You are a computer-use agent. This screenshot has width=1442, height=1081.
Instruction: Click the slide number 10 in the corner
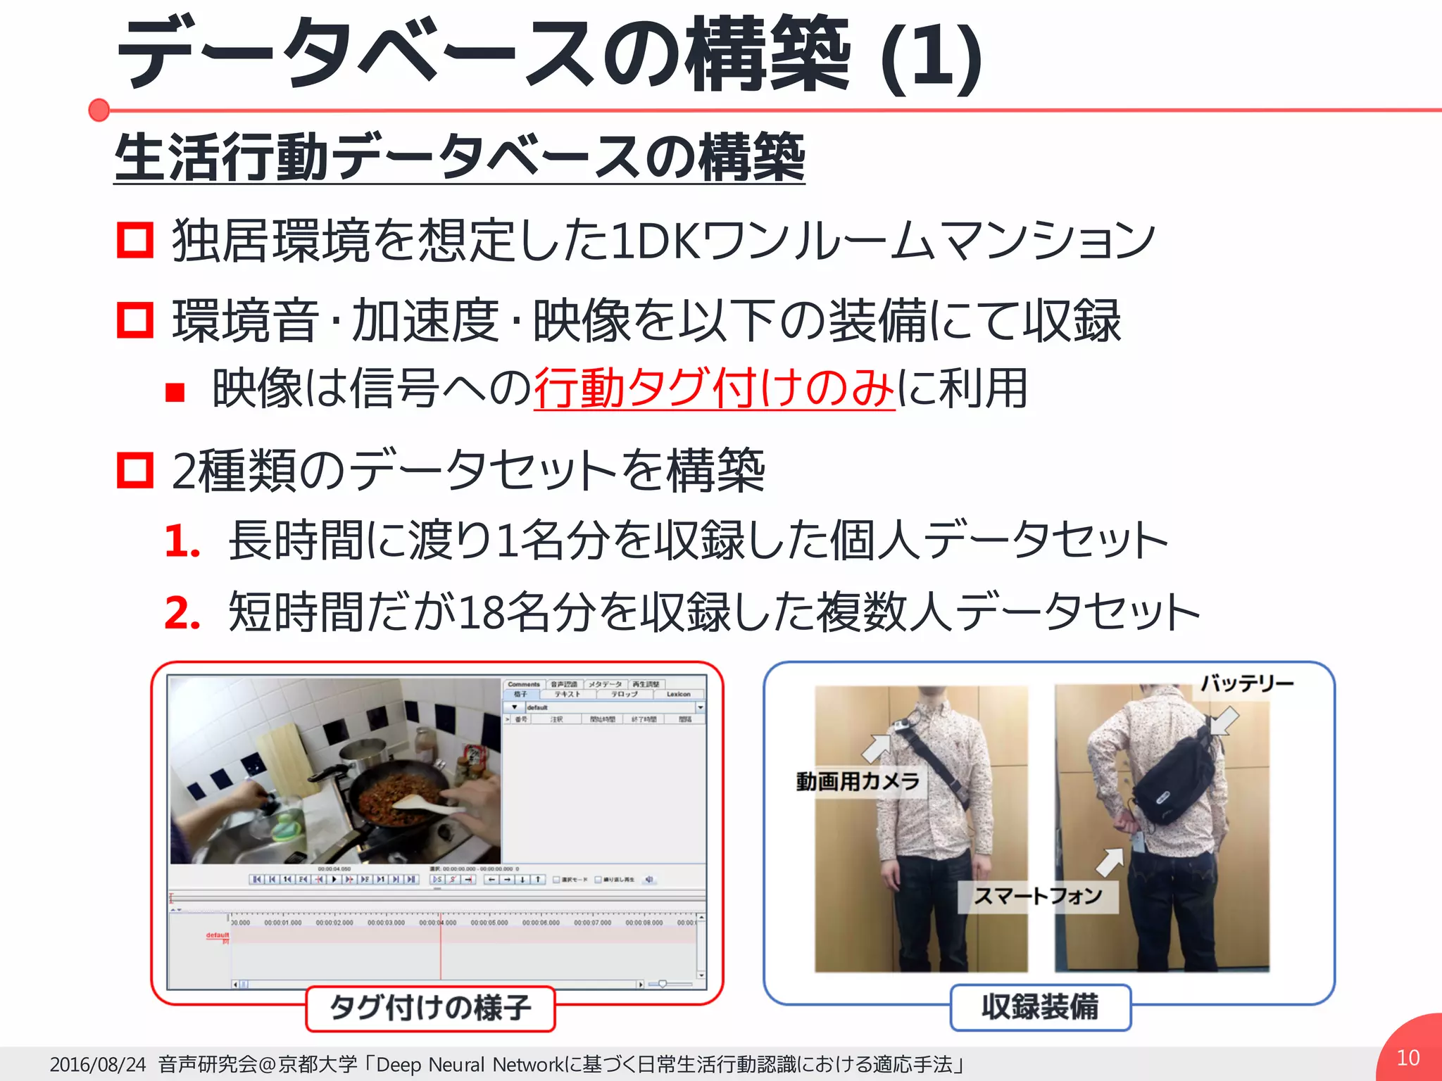click(1407, 1058)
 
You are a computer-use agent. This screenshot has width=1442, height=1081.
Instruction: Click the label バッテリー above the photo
click(1247, 683)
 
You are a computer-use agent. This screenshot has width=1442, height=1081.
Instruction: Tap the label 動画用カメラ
click(858, 781)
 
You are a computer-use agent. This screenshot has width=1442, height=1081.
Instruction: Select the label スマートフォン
click(1038, 896)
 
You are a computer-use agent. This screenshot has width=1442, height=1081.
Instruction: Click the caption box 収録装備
click(1040, 1007)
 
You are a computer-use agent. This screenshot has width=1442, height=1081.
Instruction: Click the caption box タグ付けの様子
click(430, 1008)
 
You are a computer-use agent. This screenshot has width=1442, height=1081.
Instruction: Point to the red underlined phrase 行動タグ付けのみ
click(714, 388)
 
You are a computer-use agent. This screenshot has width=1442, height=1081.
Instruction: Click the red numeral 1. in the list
click(182, 541)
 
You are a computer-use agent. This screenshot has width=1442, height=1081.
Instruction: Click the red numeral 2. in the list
click(182, 612)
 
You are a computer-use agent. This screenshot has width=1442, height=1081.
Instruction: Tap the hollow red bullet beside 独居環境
click(135, 240)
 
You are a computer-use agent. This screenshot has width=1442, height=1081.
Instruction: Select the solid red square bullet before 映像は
click(175, 392)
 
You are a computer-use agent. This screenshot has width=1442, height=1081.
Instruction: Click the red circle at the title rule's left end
click(99, 110)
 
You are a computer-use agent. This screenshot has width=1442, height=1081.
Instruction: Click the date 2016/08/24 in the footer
click(98, 1064)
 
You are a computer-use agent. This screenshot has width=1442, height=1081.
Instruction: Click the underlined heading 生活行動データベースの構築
click(459, 157)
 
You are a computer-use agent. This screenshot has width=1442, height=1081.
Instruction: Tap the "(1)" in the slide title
click(931, 58)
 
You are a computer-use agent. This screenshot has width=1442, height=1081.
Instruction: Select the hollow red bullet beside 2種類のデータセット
click(135, 470)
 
